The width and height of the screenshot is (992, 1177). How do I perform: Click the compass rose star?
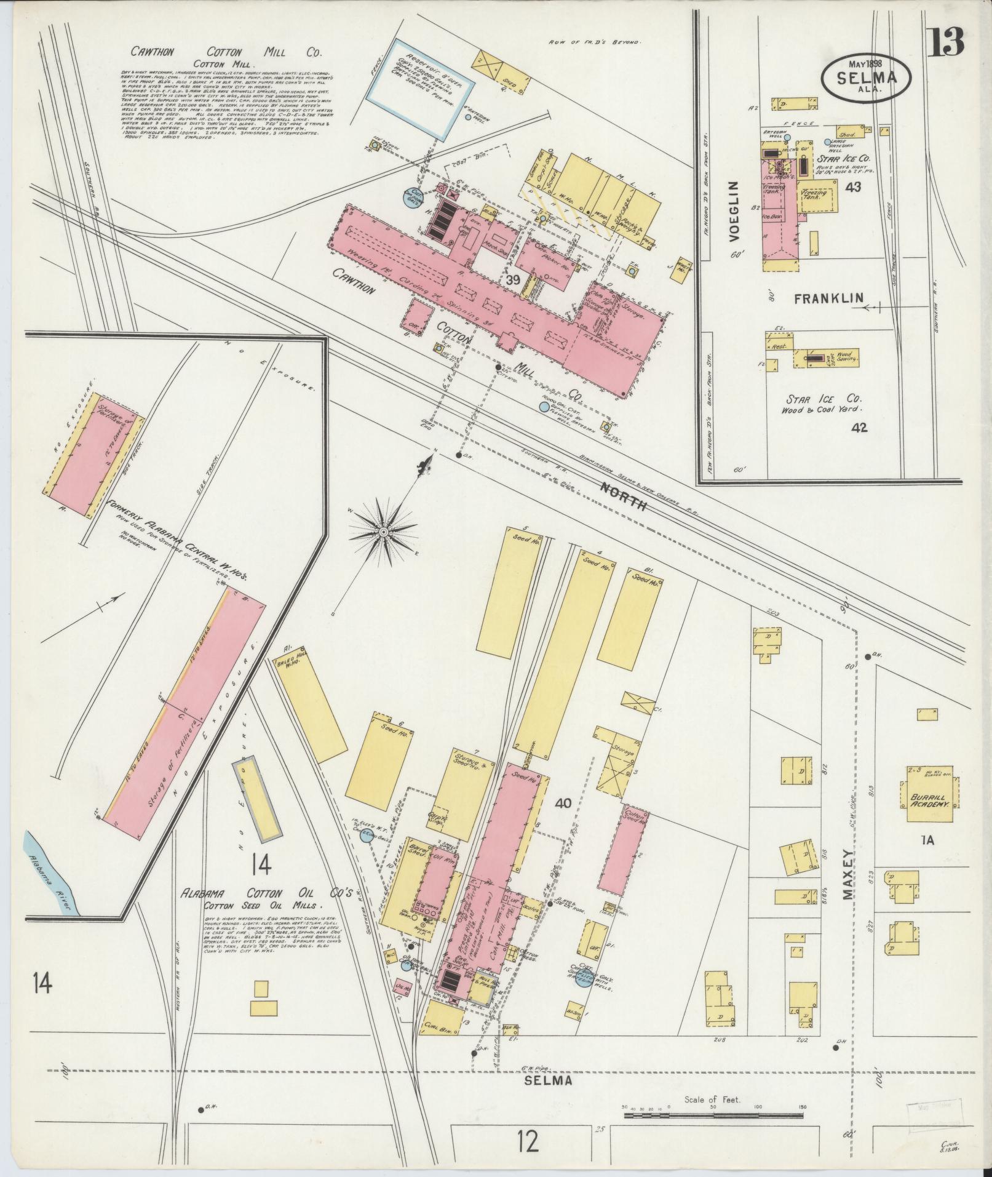coord(384,531)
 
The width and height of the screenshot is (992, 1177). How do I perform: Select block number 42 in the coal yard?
coord(859,427)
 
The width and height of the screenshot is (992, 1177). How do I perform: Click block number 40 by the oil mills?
coord(563,802)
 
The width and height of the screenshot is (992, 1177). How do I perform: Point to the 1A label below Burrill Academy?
coord(927,840)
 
